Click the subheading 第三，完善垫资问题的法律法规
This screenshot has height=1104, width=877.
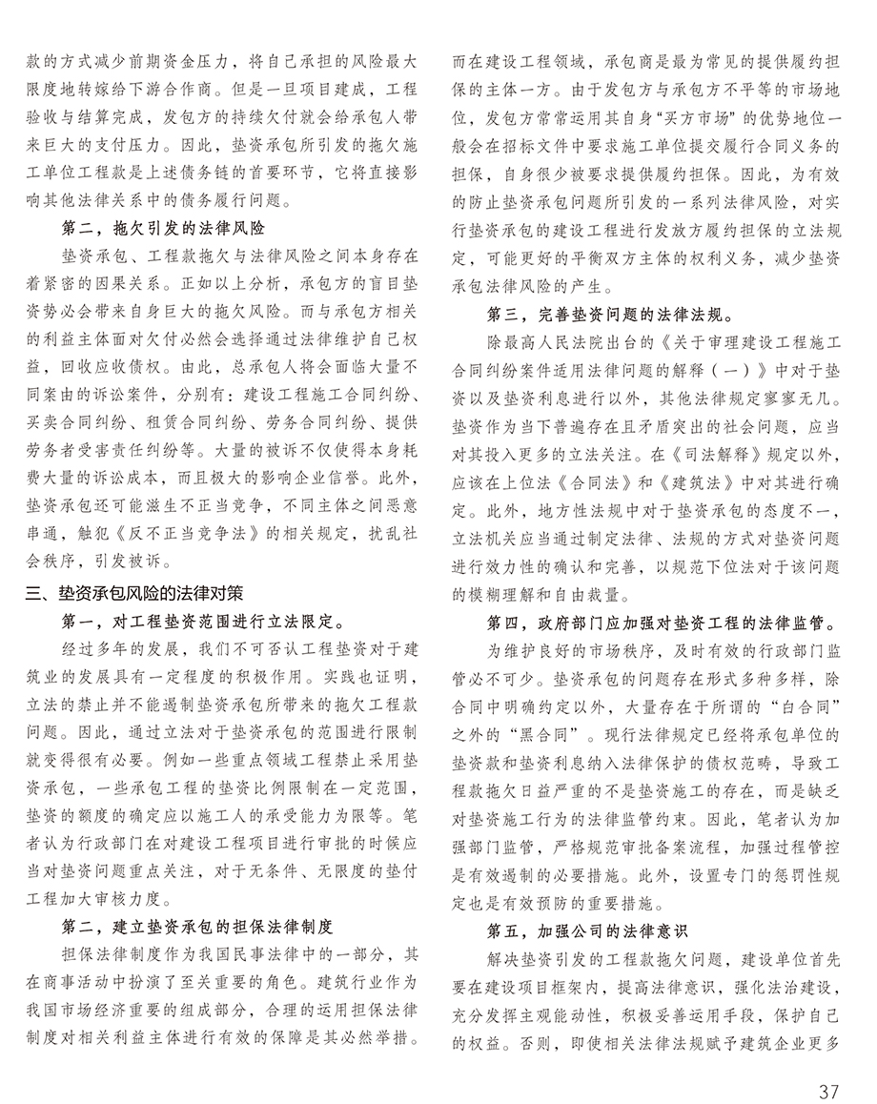pyautogui.click(x=609, y=312)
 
